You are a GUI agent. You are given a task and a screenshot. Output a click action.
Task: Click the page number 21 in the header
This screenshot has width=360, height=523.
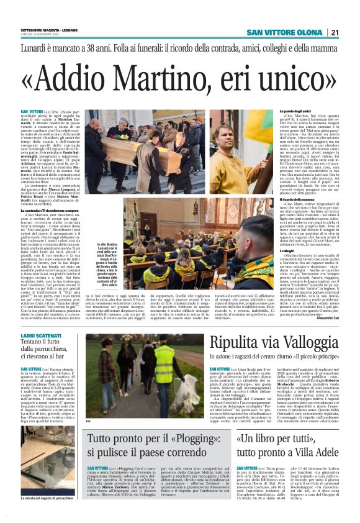[x=351, y=33]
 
